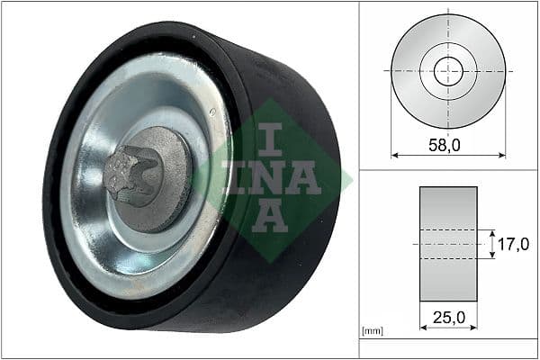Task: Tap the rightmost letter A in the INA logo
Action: pyautogui.click(x=305, y=177)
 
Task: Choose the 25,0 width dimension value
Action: pyautogui.click(x=447, y=317)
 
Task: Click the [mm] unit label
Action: pyautogui.click(x=371, y=331)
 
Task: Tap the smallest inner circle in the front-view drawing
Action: pyautogui.click(x=447, y=70)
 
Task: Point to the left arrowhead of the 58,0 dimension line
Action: pyautogui.click(x=394, y=156)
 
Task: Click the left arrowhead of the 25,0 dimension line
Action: pyautogui.click(x=423, y=329)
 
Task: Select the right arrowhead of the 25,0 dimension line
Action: pyautogui.click(x=474, y=329)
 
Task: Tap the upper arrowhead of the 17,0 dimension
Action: pyautogui.click(x=491, y=231)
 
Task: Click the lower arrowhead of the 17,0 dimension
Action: pyautogui.click(x=491, y=256)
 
